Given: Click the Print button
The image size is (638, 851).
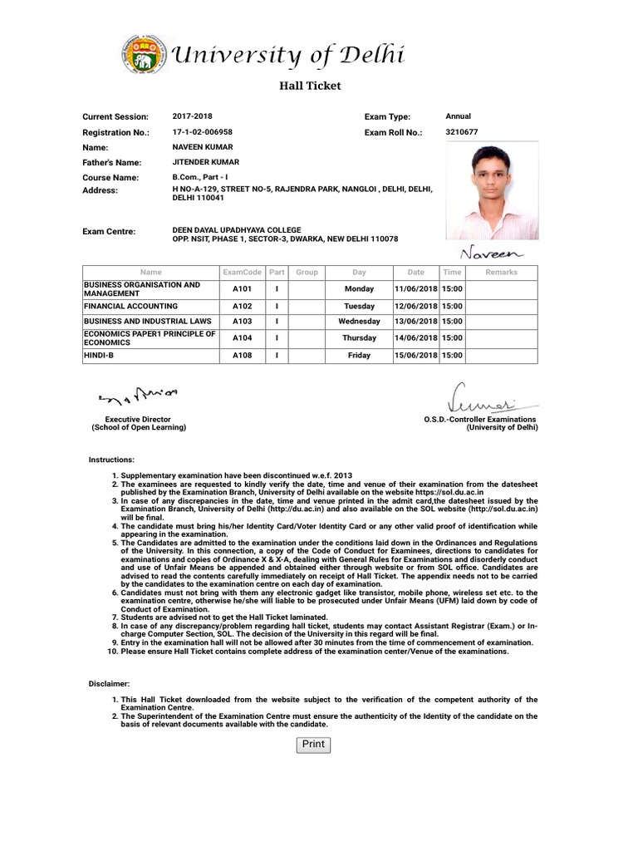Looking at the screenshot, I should [x=313, y=745].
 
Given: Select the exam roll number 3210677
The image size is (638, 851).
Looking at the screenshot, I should [x=462, y=131].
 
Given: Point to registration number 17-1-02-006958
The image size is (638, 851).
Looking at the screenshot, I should [x=202, y=131].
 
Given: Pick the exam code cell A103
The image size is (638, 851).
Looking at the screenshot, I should [x=242, y=322].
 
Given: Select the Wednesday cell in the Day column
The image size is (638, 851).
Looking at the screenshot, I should [x=359, y=322].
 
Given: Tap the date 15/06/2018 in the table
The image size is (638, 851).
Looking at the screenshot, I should [x=415, y=356].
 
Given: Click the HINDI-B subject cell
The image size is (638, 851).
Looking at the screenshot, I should [x=101, y=356].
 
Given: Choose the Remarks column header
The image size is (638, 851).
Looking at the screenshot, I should [x=501, y=272].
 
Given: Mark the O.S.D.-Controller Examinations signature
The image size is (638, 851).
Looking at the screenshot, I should [x=481, y=398].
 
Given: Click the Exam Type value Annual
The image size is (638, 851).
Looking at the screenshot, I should [x=458, y=116].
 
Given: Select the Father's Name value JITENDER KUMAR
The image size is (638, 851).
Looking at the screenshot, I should [x=205, y=162].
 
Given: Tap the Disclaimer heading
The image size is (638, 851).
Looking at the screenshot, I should [x=109, y=683].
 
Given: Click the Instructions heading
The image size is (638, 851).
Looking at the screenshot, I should [x=111, y=460].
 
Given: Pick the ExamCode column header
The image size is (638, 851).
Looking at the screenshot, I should [x=242, y=272].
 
